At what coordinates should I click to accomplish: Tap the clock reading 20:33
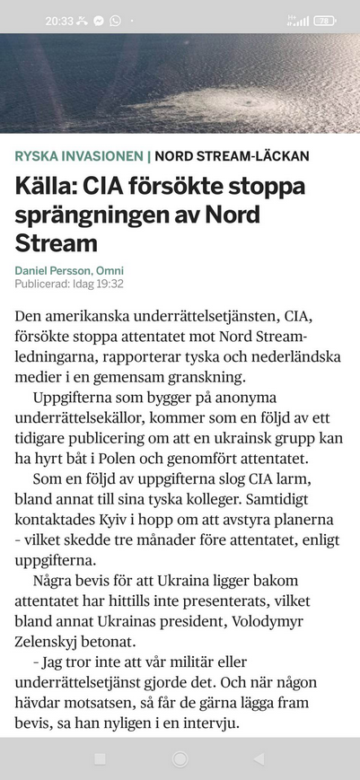[59, 20]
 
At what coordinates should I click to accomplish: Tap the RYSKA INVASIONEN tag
[78, 156]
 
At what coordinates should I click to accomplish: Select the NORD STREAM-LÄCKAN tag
[232, 156]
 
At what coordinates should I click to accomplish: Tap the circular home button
[180, 759]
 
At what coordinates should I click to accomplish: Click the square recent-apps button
[100, 759]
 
